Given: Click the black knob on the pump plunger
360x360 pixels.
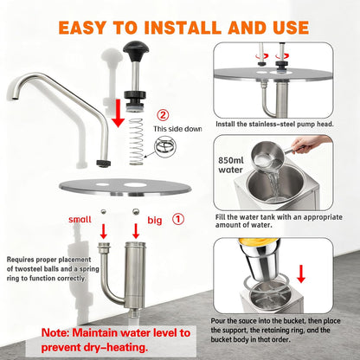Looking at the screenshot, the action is tap(136, 48).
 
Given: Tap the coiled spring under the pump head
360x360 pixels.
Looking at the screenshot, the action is tap(136, 141).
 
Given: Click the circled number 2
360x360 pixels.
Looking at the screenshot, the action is tap(163, 115).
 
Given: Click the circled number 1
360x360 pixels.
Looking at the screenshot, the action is tap(178, 219).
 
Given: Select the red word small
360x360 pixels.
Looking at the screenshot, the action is tap(80, 220).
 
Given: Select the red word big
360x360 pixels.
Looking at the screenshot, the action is tap(155, 221).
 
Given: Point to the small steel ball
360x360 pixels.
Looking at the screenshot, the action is tap(103, 212).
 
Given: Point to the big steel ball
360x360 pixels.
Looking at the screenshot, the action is tap(136, 212).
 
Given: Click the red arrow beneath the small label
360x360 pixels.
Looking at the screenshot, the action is tap(104, 231).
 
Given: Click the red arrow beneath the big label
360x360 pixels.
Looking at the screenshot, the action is tap(136, 231).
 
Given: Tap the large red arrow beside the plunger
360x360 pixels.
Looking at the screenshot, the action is tap(118, 112).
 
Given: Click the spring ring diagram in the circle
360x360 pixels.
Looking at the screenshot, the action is tap(165, 145).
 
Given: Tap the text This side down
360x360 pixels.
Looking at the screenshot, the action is tap(177, 129).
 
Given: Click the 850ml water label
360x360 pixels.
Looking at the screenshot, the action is tap(231, 164).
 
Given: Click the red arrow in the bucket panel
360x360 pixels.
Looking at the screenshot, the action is tap(301, 274).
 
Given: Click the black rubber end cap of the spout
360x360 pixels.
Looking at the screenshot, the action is tap(103, 164).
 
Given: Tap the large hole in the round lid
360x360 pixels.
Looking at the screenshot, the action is tap(135, 184).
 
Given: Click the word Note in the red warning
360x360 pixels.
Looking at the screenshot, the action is tap(55, 332).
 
